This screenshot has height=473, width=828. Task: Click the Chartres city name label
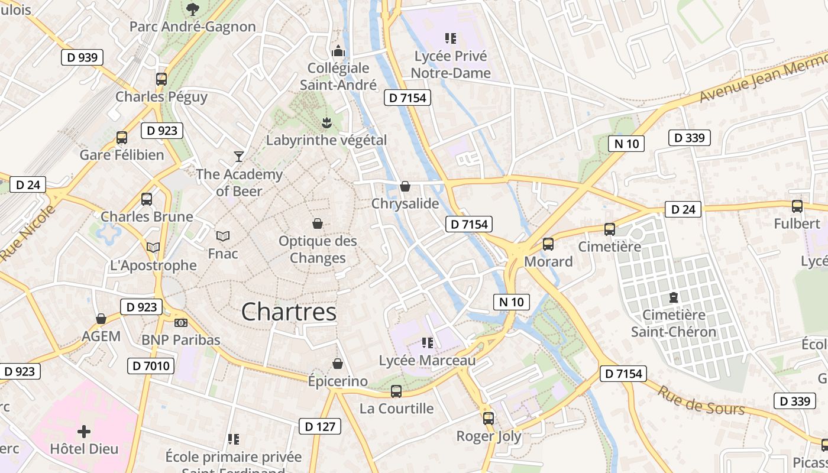(289, 312)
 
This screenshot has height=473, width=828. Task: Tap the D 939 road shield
(82, 57)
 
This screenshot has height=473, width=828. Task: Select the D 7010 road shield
(151, 366)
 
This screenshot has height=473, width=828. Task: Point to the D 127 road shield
(320, 426)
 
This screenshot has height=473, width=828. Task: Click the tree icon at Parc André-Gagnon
(192, 9)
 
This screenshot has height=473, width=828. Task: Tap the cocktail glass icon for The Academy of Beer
(239, 157)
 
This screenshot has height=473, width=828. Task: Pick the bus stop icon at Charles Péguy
(161, 79)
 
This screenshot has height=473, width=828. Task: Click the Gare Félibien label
(122, 155)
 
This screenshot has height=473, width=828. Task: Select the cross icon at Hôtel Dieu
(84, 432)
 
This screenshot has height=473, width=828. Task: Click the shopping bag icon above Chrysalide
(405, 187)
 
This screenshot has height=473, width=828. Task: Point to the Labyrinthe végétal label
(326, 140)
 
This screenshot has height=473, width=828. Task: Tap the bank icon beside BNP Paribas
(181, 323)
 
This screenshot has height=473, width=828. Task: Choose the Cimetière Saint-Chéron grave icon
(673, 297)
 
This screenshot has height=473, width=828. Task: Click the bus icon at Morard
(548, 244)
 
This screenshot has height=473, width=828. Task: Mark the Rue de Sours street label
(701, 401)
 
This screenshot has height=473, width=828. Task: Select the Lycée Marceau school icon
(428, 343)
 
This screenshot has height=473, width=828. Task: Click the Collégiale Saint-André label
(338, 76)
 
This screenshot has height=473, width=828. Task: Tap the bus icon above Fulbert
(797, 206)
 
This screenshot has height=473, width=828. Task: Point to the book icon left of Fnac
(222, 237)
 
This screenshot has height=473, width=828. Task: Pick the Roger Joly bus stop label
(489, 436)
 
